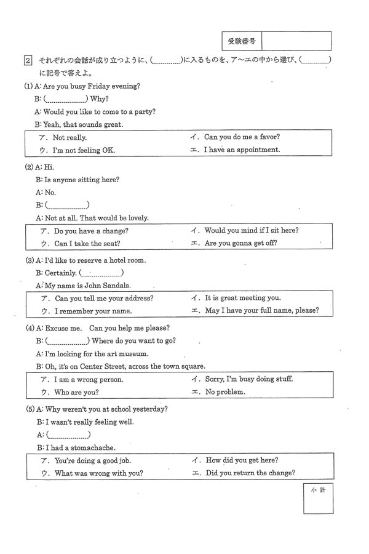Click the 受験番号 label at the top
[x=242, y=41]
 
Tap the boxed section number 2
[x=28, y=60]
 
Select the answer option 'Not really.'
[x=69, y=138]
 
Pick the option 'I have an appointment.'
[x=242, y=150]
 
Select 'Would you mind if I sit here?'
[x=252, y=230]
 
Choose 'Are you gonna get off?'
[x=240, y=243]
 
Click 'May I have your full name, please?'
[x=261, y=310]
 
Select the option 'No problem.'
[x=225, y=391]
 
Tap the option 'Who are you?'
[x=76, y=392]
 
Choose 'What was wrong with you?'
[x=98, y=473]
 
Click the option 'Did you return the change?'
[x=250, y=473]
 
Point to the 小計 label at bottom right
[x=318, y=490]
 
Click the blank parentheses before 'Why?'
[x=65, y=98]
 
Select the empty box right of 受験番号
[x=296, y=41]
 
